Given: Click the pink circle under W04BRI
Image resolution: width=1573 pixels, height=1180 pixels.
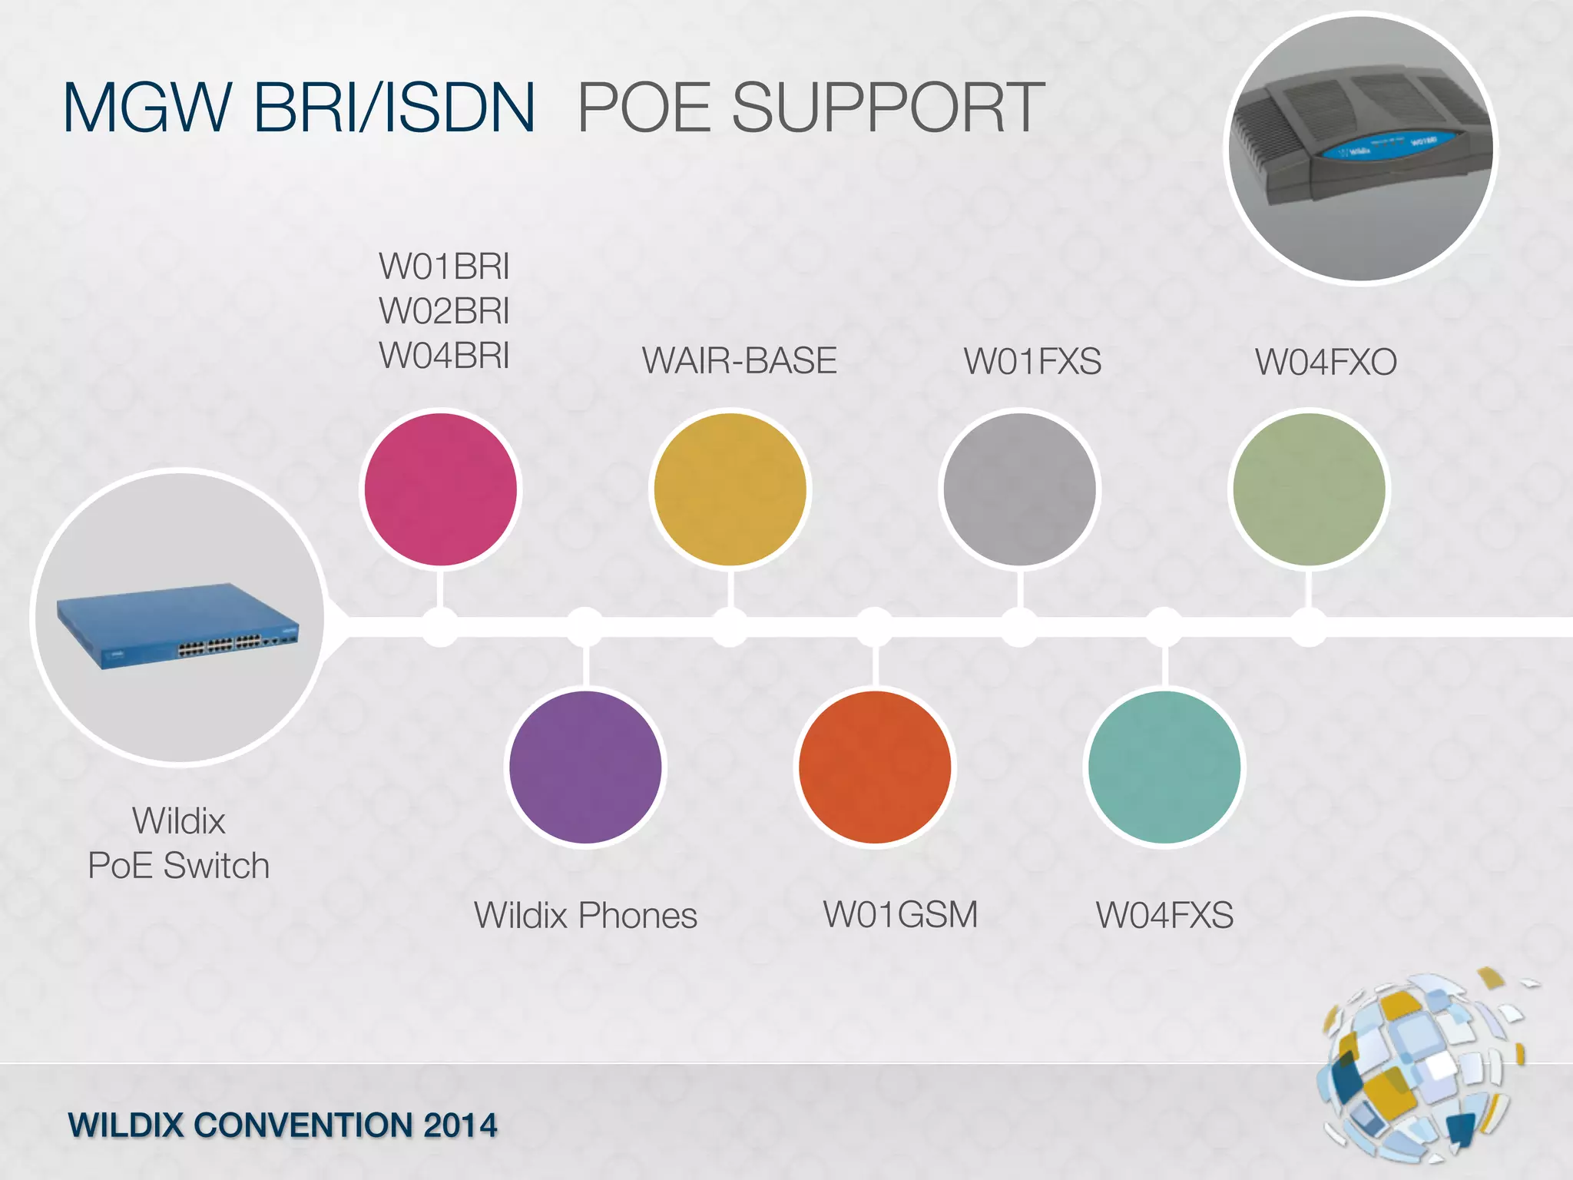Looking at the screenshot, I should click(x=441, y=489).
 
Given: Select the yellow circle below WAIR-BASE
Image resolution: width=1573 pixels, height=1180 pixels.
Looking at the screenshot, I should click(x=730, y=489).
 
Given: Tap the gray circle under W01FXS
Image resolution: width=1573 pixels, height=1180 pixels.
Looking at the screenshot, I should click(x=1020, y=489).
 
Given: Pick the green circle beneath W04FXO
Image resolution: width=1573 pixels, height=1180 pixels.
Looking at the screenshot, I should click(x=1309, y=489).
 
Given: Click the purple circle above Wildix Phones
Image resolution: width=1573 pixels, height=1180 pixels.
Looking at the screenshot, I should click(x=585, y=767).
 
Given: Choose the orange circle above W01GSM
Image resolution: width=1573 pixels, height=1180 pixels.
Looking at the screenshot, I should click(x=875, y=767).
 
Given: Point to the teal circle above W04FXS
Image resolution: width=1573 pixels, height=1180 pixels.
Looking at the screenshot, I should click(x=1164, y=767).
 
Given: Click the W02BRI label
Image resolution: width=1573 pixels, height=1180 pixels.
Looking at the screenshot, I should click(x=444, y=311).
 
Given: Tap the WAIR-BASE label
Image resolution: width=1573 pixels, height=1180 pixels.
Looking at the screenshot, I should click(x=739, y=361).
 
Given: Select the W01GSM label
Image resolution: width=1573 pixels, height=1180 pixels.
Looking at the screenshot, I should click(x=900, y=915).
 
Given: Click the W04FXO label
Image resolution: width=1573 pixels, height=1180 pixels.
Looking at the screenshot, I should click(x=1326, y=362).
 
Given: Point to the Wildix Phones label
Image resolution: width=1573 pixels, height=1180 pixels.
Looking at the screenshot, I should click(x=585, y=916).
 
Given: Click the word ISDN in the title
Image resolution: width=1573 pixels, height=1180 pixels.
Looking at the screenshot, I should click(x=459, y=108).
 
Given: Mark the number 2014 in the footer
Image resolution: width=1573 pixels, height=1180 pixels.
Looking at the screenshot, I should click(x=460, y=1125).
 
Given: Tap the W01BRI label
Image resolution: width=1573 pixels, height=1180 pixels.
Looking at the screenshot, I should click(x=444, y=267).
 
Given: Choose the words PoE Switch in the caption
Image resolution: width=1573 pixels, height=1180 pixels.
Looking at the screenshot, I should click(x=178, y=866).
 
